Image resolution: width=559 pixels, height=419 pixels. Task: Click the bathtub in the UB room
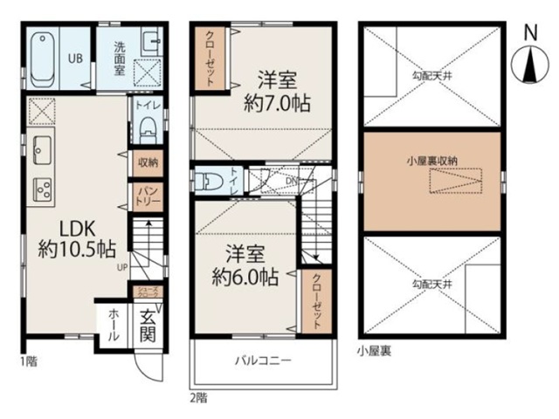pos(45,58)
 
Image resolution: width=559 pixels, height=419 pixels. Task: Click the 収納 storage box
pos(146,161)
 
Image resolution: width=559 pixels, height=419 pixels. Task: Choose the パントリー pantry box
pos(146,193)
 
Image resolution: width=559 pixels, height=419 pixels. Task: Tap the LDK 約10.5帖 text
pos(75,237)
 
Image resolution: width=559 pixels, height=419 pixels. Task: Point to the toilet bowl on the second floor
pos(210,182)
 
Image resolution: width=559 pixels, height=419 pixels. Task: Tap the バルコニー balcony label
pos(262,360)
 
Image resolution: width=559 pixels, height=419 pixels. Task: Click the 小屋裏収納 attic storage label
pos(431,161)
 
